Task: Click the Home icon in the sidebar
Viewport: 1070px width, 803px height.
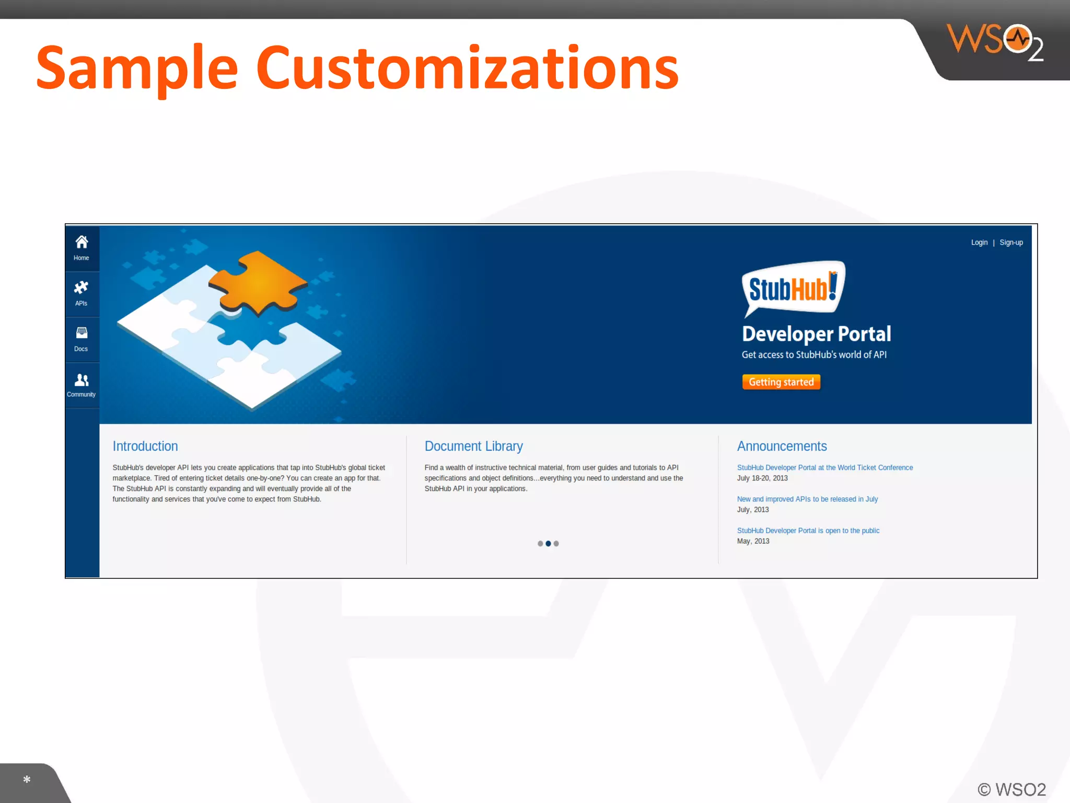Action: (x=82, y=242)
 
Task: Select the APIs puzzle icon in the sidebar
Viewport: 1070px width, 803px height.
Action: (x=81, y=288)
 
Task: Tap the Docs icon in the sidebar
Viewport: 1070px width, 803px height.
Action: (x=82, y=333)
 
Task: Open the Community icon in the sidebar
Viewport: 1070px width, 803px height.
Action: (x=82, y=380)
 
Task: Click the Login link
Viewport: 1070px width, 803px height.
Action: (x=979, y=243)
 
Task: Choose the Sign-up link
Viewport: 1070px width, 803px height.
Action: (x=1011, y=243)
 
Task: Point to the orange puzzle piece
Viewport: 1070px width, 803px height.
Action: (x=258, y=283)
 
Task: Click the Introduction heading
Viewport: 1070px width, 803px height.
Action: (x=145, y=446)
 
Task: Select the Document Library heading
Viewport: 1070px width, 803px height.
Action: (x=473, y=446)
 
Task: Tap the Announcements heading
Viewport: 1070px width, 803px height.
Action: (x=782, y=446)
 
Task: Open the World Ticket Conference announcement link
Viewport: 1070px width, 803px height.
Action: (x=824, y=467)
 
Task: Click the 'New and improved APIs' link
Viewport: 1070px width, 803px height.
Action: (x=807, y=499)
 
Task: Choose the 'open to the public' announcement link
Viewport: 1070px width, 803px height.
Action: (x=808, y=531)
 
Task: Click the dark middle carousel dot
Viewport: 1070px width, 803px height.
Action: (x=548, y=544)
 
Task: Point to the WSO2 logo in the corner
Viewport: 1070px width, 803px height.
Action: (x=995, y=42)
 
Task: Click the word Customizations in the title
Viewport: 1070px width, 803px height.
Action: (x=467, y=68)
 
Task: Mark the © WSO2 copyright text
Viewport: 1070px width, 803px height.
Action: (x=1011, y=789)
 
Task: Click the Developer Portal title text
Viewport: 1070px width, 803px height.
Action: (x=816, y=334)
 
